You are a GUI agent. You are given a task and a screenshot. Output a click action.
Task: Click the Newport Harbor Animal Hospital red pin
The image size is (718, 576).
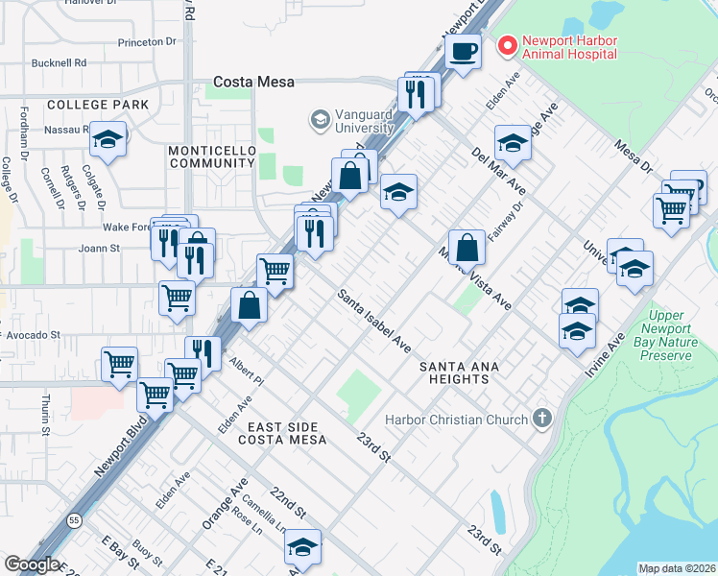pos(506,45)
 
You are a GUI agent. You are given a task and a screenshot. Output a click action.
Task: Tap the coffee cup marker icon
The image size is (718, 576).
pos(464,51)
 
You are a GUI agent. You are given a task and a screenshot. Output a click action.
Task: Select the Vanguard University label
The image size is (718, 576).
pos(351,121)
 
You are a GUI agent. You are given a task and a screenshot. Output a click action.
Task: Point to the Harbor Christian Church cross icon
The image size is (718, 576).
pos(542,419)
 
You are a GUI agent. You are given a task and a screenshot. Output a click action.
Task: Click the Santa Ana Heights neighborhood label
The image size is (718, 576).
pos(453,372)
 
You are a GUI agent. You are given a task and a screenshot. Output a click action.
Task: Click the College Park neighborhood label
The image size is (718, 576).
pos(97,104)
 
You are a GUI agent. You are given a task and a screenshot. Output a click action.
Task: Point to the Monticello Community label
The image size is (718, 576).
pos(211,157)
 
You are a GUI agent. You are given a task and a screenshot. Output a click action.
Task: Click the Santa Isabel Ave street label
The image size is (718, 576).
pos(373,321)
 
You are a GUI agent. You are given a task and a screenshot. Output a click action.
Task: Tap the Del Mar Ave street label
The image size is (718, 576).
pos(498,170)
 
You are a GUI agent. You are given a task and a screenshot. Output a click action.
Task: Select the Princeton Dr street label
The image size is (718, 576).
pos(147,43)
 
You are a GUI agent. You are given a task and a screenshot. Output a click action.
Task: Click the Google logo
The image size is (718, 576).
pos(31,564)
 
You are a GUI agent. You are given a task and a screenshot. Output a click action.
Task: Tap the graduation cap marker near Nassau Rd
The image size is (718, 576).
pos(108,140)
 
